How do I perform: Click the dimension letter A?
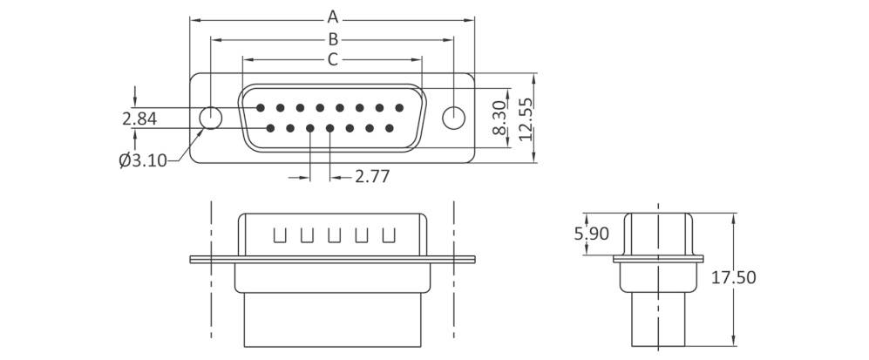tap(332, 17)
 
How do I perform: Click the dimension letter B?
tap(332, 38)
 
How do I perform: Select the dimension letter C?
tap(332, 59)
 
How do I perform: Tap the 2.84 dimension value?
tap(139, 119)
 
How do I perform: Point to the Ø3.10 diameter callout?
tap(143, 160)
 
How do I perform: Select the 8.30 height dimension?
tap(499, 117)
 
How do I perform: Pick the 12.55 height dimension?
tap(523, 118)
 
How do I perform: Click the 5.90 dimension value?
tap(592, 233)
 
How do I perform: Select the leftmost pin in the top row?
tap(261, 109)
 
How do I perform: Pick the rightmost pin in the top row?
tap(399, 109)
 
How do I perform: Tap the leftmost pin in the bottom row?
tap(270, 129)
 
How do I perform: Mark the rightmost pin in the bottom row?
tap(389, 129)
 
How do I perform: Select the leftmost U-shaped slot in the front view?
tap(280, 235)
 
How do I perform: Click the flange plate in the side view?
tap(659, 258)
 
